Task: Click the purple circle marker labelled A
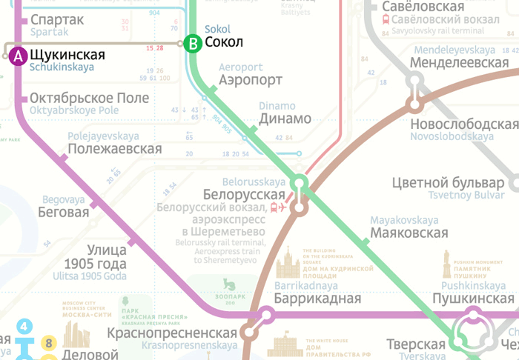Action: click(x=18, y=56)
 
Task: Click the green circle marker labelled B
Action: click(x=193, y=44)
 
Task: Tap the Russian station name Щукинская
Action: click(x=67, y=55)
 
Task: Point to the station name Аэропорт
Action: click(x=251, y=81)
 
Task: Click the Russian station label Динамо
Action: click(x=285, y=119)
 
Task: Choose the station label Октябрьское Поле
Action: click(x=90, y=99)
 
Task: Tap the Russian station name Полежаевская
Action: click(x=114, y=149)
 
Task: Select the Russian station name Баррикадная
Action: click(x=317, y=299)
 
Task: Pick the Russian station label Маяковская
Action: click(x=409, y=233)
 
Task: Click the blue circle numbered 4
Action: click(x=25, y=327)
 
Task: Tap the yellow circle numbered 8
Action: click(x=50, y=343)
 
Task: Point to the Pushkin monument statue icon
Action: click(x=446, y=264)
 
